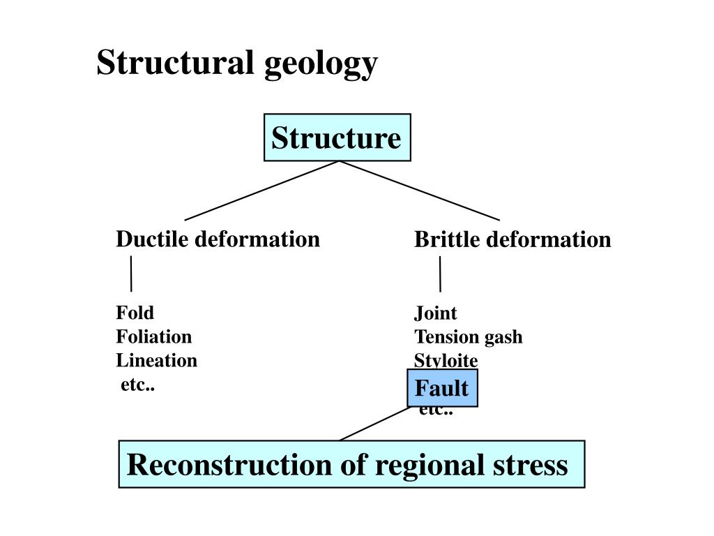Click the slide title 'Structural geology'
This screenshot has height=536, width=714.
(237, 64)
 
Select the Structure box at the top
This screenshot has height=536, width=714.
(337, 137)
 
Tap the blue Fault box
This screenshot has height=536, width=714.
(442, 388)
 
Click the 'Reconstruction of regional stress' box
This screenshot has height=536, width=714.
(351, 464)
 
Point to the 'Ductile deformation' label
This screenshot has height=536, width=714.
(218, 239)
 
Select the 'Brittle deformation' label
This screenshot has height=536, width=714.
(512, 240)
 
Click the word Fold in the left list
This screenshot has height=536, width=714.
(135, 313)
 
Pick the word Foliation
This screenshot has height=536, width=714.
(153, 337)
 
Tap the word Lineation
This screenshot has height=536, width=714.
(156, 361)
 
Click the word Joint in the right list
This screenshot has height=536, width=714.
(436, 313)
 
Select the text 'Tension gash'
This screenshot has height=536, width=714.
(468, 337)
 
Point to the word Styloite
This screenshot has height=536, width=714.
(446, 361)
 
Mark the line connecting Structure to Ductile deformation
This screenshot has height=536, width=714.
(261, 191)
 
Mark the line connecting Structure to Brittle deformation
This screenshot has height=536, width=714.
(420, 191)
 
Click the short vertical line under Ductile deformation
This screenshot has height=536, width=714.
(131, 274)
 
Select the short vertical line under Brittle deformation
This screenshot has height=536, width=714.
(440, 274)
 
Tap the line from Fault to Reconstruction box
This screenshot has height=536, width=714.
(374, 424)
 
